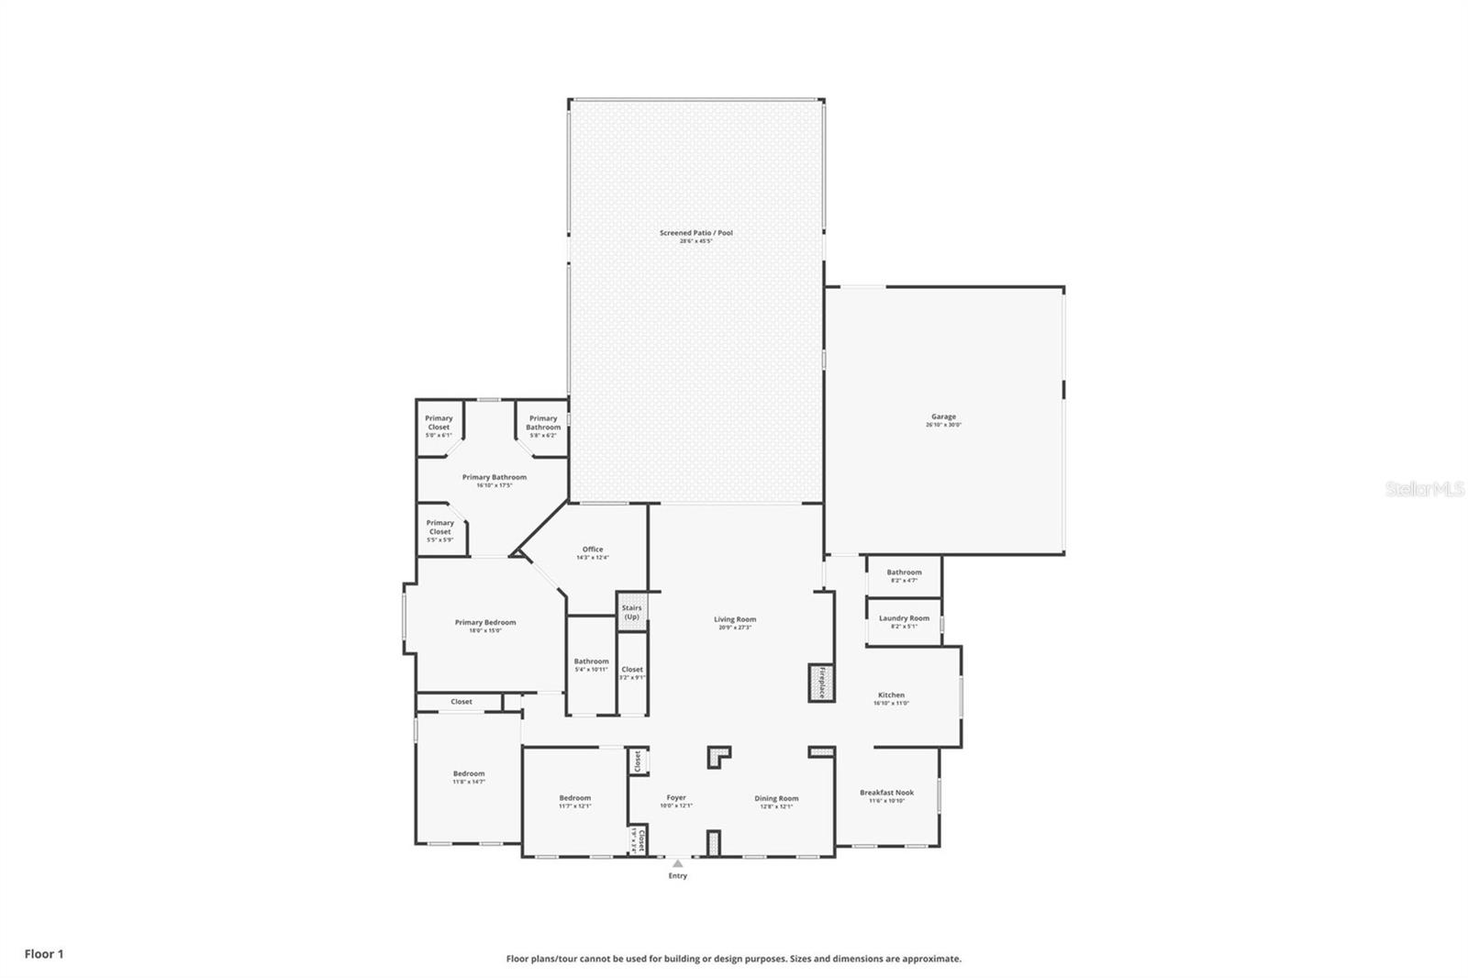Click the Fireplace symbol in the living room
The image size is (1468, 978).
click(x=821, y=683)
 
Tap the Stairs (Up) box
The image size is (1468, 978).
click(x=631, y=612)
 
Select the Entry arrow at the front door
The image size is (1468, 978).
click(x=677, y=863)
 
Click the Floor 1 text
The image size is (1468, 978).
click(x=44, y=954)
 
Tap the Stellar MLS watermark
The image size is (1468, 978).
click(x=1424, y=490)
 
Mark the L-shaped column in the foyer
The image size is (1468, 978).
click(x=718, y=757)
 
